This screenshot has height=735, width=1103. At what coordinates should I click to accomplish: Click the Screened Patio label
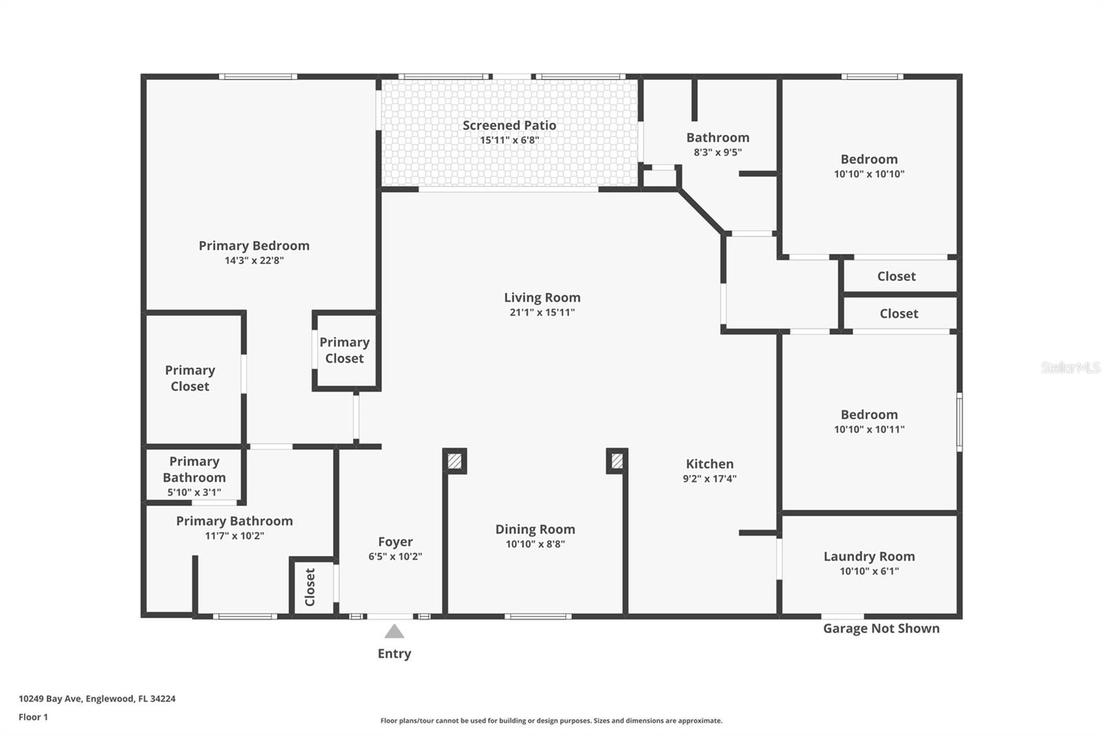(509, 125)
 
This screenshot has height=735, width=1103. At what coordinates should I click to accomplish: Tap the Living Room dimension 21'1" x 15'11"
(542, 312)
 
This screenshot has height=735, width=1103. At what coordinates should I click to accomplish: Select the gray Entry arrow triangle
(394, 632)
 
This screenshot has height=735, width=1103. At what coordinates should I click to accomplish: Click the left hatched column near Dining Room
(454, 461)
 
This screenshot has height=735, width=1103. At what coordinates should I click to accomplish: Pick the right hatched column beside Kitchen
(617, 461)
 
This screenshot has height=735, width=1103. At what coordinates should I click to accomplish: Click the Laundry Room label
(869, 556)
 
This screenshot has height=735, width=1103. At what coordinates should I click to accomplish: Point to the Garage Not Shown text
(881, 628)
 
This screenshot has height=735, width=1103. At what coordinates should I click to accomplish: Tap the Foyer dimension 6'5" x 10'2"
(395, 556)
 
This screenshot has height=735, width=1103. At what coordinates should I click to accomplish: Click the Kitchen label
(709, 464)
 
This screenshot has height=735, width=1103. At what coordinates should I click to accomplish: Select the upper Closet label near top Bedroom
(896, 276)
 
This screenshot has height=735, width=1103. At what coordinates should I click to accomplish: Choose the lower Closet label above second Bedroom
(898, 314)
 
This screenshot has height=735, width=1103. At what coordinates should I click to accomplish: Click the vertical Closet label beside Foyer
(310, 587)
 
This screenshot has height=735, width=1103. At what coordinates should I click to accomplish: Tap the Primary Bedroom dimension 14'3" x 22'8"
(254, 261)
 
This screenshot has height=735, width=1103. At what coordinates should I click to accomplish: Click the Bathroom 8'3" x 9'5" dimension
(717, 152)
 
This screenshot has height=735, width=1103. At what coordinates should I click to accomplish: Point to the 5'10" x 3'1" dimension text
(194, 492)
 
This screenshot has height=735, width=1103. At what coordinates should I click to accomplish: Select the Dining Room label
(535, 530)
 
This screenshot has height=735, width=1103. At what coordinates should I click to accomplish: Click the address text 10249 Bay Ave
(97, 698)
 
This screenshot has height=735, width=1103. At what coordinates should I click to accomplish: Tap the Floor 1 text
(33, 717)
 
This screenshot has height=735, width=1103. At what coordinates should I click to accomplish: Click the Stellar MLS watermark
(1070, 367)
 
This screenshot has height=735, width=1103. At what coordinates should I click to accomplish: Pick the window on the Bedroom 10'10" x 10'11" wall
(959, 422)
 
